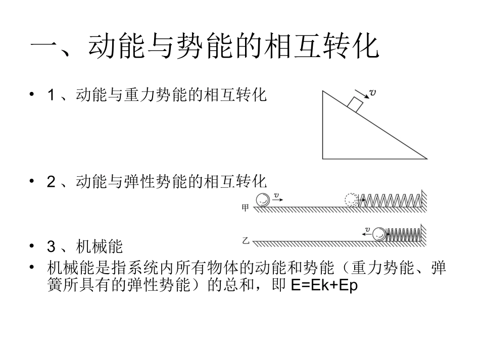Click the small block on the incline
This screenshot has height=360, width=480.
click(x=355, y=105)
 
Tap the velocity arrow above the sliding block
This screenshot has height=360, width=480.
click(x=362, y=94)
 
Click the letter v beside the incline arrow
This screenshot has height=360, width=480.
click(x=372, y=92)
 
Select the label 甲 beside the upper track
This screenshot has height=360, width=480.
click(x=245, y=208)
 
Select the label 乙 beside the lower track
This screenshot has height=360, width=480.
click(x=246, y=241)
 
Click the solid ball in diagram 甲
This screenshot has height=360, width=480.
click(x=263, y=200)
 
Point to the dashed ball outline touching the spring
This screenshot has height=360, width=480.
click(x=352, y=200)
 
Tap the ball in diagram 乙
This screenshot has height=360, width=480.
click(x=379, y=234)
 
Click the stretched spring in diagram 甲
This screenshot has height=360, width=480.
click(x=390, y=200)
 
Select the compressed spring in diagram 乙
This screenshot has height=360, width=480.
click(x=404, y=234)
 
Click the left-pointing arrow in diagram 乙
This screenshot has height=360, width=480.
click(x=366, y=234)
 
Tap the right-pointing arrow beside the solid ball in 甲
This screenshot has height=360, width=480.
click(x=278, y=200)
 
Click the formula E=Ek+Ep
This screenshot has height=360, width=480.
click(x=324, y=285)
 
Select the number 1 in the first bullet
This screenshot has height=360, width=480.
click(x=51, y=95)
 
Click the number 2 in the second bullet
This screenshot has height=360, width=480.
click(x=51, y=182)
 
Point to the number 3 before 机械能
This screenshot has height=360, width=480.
click(x=51, y=246)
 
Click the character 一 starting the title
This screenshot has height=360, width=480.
click(x=43, y=47)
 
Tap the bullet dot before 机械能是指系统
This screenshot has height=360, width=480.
click(x=32, y=267)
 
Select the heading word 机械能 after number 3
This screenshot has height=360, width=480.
click(x=99, y=246)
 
